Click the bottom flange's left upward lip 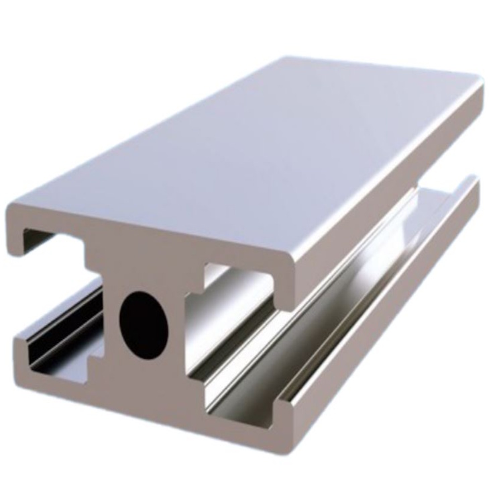pyautogui.click(x=20, y=349)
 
